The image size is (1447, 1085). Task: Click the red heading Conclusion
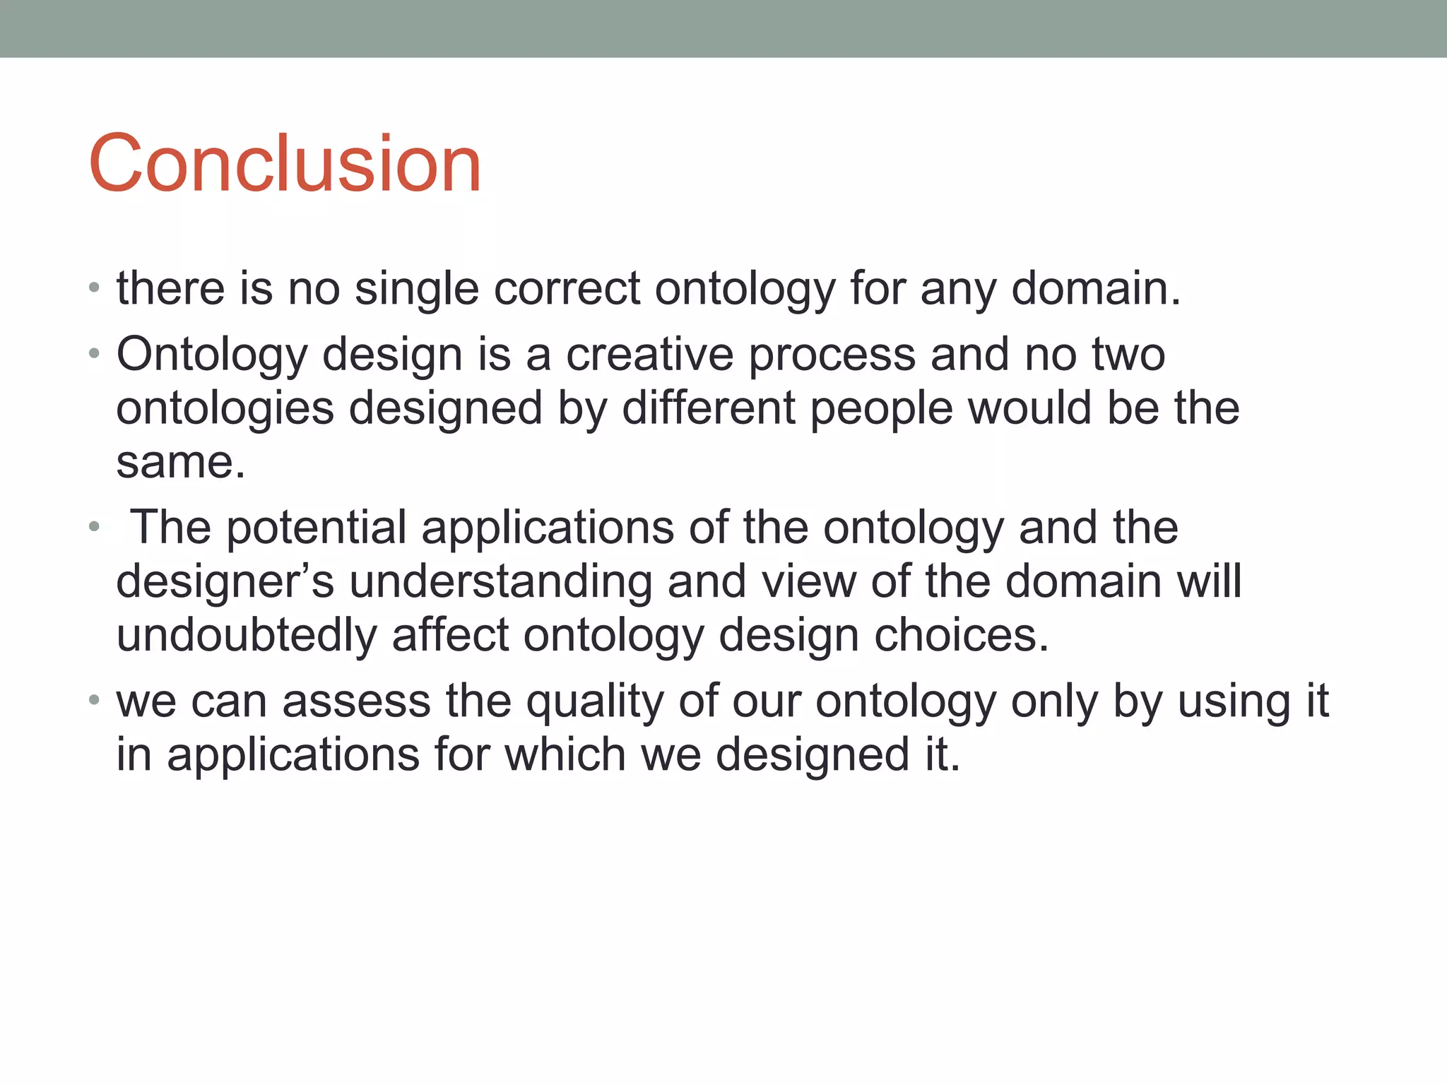[284, 164]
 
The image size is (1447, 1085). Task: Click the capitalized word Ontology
[211, 355]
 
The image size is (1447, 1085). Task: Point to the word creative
[649, 354]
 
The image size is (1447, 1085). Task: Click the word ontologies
[225, 410]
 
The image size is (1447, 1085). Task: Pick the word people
[881, 410]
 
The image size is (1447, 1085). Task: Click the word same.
[180, 463]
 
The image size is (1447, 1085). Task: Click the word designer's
[225, 582]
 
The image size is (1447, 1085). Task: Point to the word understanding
[500, 582]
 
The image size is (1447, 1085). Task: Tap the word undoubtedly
[246, 635]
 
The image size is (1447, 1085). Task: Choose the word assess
[356, 701]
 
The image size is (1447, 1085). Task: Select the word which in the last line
[565, 754]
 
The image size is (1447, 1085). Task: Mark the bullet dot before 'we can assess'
[94, 701]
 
